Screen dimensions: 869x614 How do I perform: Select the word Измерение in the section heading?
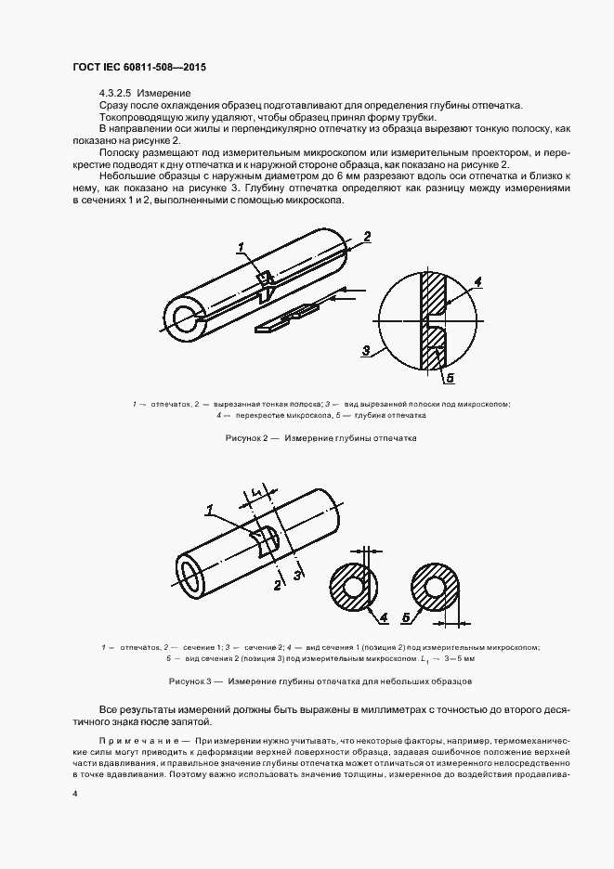(167, 94)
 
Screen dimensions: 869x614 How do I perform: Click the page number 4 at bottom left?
(75, 794)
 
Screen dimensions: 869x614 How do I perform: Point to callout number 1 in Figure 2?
(240, 247)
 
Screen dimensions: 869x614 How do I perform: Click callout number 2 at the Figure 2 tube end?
(367, 238)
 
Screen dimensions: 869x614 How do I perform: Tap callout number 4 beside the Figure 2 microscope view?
(477, 281)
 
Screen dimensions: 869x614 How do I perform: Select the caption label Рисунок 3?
(190, 681)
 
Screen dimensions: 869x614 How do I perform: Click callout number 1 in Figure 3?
(211, 509)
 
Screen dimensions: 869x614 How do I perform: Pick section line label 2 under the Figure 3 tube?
(277, 585)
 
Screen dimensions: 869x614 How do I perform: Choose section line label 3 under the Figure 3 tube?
(296, 577)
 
